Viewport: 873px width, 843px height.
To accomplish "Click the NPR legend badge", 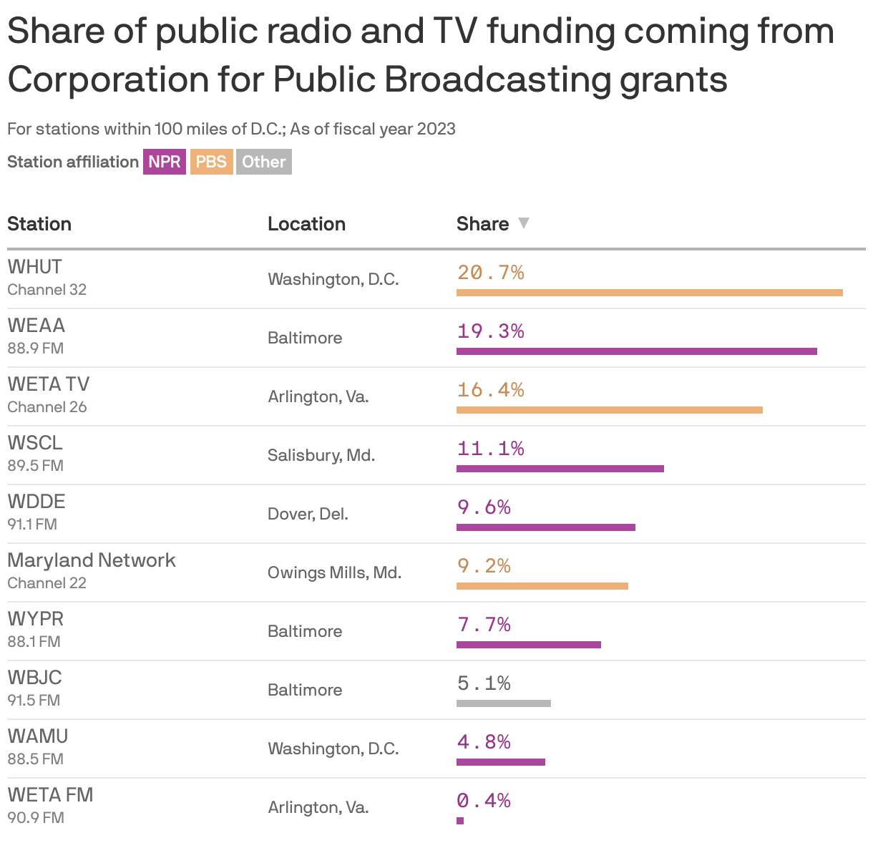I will pyautogui.click(x=165, y=162).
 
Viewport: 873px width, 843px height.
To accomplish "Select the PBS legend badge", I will pyautogui.click(x=211, y=162).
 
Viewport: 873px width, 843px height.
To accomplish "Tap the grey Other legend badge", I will pyautogui.click(x=264, y=162).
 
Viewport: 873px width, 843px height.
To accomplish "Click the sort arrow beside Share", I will pyautogui.click(x=524, y=223).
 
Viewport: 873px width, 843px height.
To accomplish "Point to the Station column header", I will pyautogui.click(x=39, y=224).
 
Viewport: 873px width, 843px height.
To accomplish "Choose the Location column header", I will pyautogui.click(x=306, y=224).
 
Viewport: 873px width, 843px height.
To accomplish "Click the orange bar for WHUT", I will pyautogui.click(x=649, y=293).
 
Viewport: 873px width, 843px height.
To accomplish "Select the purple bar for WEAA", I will pyautogui.click(x=636, y=351).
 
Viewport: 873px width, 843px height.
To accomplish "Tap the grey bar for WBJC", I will pyautogui.click(x=503, y=703).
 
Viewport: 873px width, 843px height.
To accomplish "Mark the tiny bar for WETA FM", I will pyautogui.click(x=460, y=821).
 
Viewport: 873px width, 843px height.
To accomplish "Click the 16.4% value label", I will pyautogui.click(x=491, y=390).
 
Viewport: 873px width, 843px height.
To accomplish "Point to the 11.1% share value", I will pyautogui.click(x=491, y=449).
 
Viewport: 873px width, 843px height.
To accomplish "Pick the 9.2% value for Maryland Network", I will pyautogui.click(x=484, y=566).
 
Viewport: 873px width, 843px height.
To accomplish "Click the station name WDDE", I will pyautogui.click(x=36, y=501).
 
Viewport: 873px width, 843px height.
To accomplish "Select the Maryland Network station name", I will pyautogui.click(x=92, y=560).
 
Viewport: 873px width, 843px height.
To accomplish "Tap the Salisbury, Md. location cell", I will pyautogui.click(x=321, y=455).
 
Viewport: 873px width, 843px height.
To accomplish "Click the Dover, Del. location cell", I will pyautogui.click(x=308, y=514).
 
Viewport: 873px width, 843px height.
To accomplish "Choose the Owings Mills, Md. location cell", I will pyautogui.click(x=334, y=572).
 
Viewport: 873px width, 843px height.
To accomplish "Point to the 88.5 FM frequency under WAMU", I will pyautogui.click(x=35, y=759).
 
